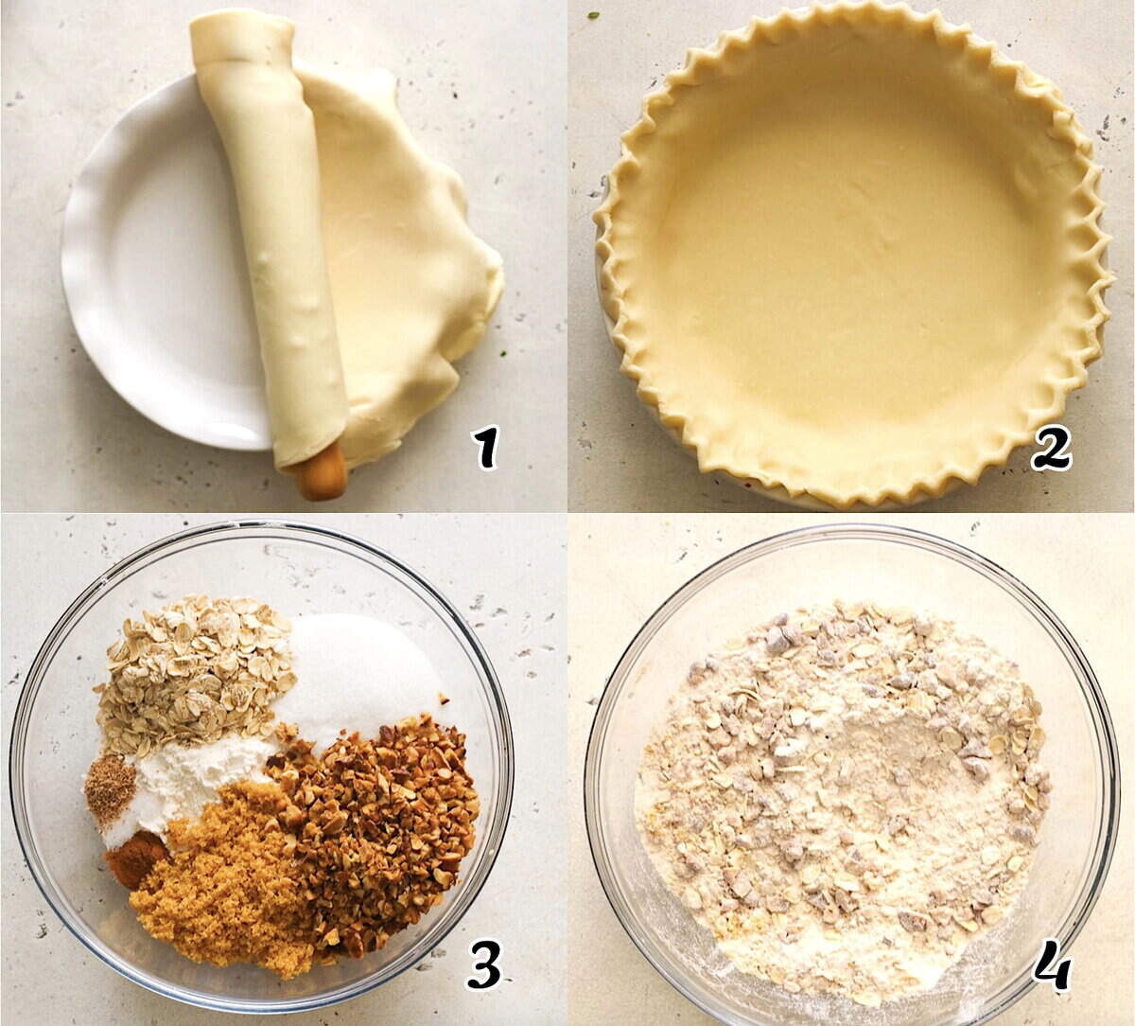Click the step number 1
(485, 447)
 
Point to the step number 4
(1052, 965)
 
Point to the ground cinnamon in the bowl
(132, 857)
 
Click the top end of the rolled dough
(241, 33)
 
